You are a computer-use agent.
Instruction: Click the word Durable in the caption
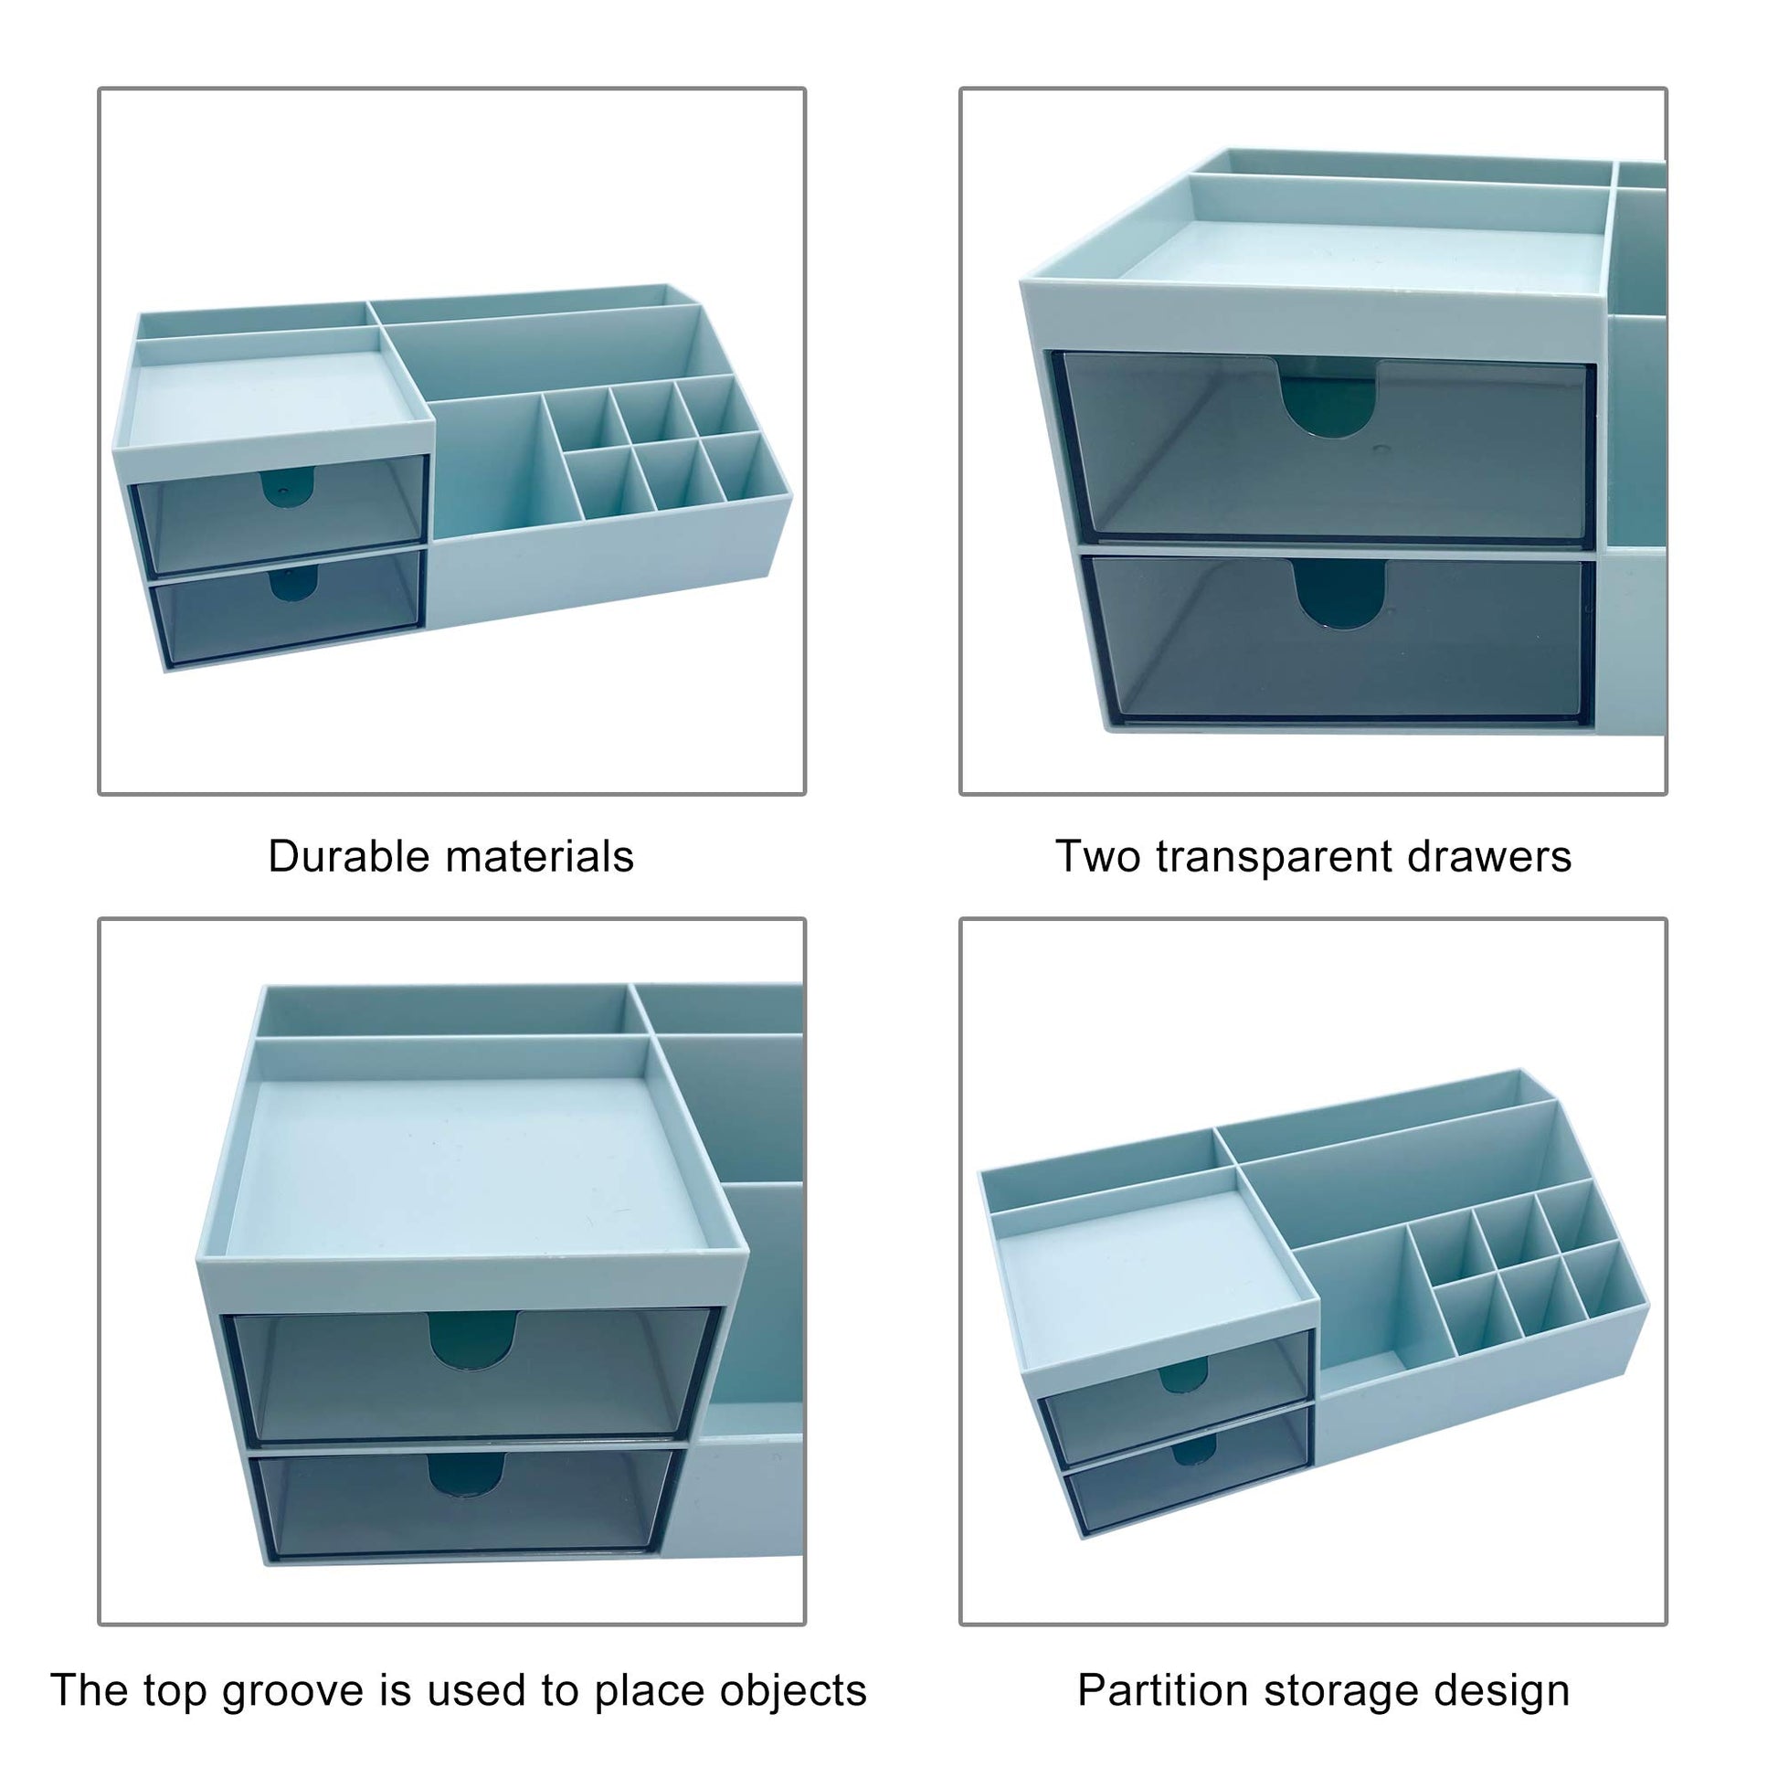pyautogui.click(x=349, y=856)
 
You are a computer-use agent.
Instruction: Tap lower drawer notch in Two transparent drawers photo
pyautogui.click(x=1339, y=596)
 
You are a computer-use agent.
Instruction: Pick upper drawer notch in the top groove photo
pyautogui.click(x=471, y=1340)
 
